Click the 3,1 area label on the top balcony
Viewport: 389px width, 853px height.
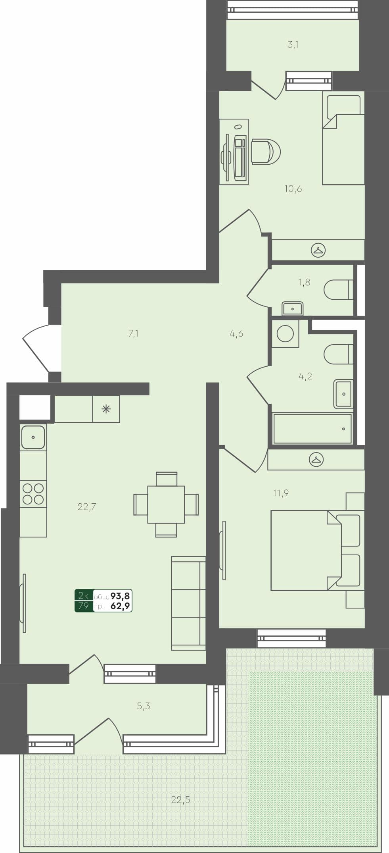(x=293, y=45)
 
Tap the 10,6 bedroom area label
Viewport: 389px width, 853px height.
(x=293, y=189)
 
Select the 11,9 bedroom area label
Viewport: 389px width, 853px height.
(x=281, y=493)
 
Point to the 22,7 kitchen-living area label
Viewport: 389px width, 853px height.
(x=87, y=507)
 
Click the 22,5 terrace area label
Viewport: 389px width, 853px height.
(x=180, y=800)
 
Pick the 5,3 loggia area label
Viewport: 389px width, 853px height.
(x=144, y=706)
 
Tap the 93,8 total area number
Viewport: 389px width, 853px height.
(x=120, y=596)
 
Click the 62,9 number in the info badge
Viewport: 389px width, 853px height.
(x=120, y=606)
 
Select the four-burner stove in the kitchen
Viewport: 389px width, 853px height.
(x=33, y=494)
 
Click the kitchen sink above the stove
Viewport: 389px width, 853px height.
(x=33, y=437)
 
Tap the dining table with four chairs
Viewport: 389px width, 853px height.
(x=166, y=504)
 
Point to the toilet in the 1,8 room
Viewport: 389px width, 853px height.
(x=338, y=290)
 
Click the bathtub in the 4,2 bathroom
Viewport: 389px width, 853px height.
(x=312, y=429)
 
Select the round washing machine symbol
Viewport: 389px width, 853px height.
(x=285, y=333)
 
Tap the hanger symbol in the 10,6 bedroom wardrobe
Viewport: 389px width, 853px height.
(x=318, y=250)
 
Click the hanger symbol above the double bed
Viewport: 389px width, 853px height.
(x=316, y=460)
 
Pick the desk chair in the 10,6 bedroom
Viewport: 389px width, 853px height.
(x=266, y=152)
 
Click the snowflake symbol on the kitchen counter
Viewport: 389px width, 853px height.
(x=106, y=409)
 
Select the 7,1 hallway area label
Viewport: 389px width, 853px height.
(x=134, y=334)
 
